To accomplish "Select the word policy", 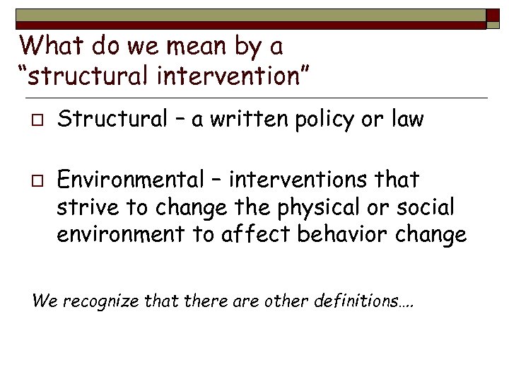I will pyautogui.click(x=327, y=121).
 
